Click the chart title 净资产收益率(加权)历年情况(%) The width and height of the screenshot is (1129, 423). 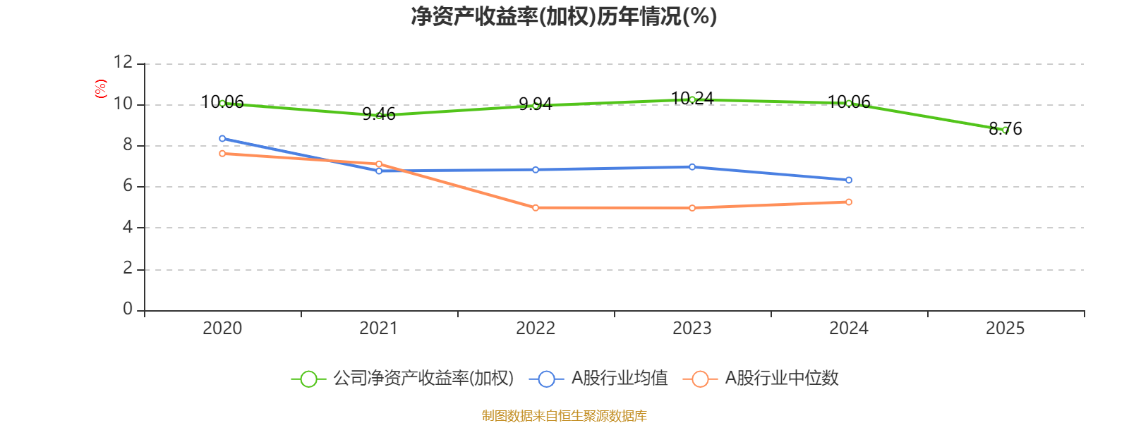(x=564, y=16)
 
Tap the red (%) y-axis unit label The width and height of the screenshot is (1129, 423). (x=100, y=89)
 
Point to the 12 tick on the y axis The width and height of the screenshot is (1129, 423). (x=123, y=62)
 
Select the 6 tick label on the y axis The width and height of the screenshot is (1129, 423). (x=128, y=186)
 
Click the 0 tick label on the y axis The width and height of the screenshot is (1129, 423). (x=128, y=308)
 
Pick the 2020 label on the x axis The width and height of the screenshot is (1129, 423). (x=222, y=329)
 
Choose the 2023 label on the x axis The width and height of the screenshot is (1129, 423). (x=692, y=329)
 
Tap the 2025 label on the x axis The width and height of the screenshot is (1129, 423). (x=1005, y=329)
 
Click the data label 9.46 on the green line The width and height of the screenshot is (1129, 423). (x=379, y=114)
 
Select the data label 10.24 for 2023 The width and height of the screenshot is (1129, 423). (x=692, y=98)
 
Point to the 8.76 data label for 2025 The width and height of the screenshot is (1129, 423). (x=1006, y=128)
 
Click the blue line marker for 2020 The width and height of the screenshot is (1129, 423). (x=222, y=138)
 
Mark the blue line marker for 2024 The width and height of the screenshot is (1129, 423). (x=849, y=180)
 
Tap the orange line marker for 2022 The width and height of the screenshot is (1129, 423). (x=536, y=207)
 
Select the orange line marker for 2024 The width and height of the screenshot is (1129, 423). (x=849, y=202)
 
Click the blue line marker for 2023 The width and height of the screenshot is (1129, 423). (x=692, y=166)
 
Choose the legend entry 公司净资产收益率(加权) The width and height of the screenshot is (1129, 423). (x=403, y=378)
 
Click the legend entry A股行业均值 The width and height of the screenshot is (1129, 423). (x=599, y=378)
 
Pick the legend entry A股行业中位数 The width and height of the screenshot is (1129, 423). (x=761, y=378)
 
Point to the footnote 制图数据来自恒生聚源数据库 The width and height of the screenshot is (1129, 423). (x=564, y=415)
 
